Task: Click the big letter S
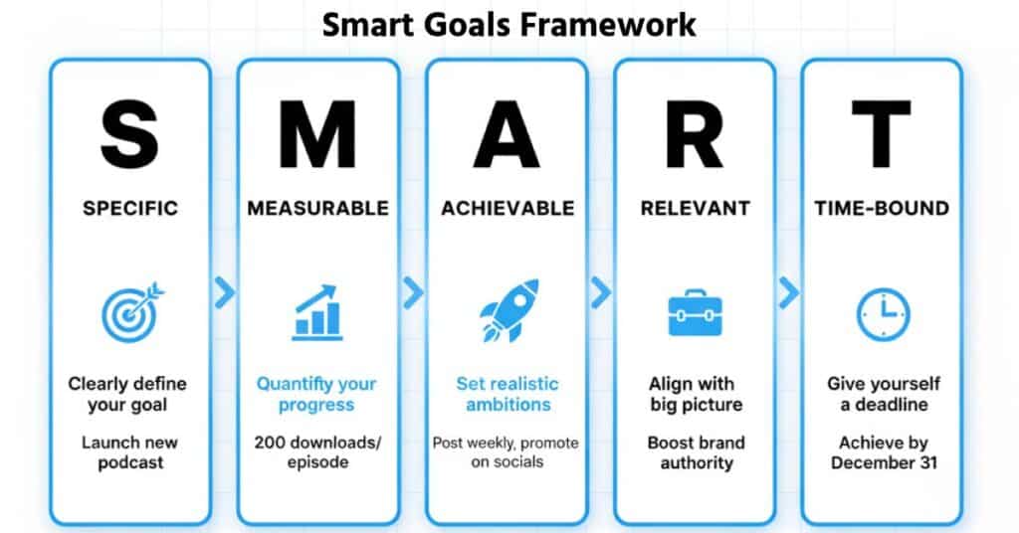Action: pyautogui.click(x=129, y=133)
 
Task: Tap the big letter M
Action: pyautogui.click(x=317, y=133)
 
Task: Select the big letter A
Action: pyautogui.click(x=507, y=133)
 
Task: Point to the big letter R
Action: pyautogui.click(x=695, y=133)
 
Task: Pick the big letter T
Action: pyautogui.click(x=882, y=133)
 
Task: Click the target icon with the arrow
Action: pyautogui.click(x=131, y=311)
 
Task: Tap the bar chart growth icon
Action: pyautogui.click(x=317, y=311)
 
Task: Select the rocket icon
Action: pyautogui.click(x=508, y=310)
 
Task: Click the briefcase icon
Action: pyautogui.click(x=695, y=312)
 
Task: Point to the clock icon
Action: pyautogui.click(x=883, y=312)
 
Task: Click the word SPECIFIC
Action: pyautogui.click(x=130, y=209)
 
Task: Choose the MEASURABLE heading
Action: pyautogui.click(x=317, y=209)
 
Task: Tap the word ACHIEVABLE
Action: pyautogui.click(x=508, y=209)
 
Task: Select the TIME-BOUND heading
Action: pyautogui.click(x=882, y=209)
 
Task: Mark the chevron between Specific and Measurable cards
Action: pyautogui.click(x=225, y=291)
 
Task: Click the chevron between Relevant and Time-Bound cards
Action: pyautogui.click(x=789, y=291)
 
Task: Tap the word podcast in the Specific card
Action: pyautogui.click(x=130, y=463)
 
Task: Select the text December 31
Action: pyautogui.click(x=882, y=463)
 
